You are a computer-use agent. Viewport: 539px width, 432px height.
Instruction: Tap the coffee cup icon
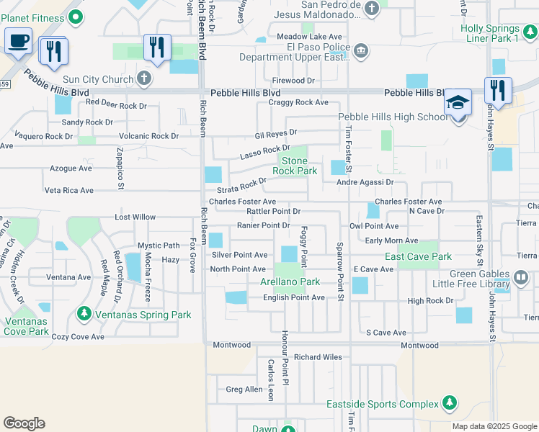[18, 41]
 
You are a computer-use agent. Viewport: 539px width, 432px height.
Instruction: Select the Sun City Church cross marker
[144, 78]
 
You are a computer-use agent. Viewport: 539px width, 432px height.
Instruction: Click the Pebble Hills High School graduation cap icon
[458, 102]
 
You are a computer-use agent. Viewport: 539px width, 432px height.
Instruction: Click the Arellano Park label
[290, 282]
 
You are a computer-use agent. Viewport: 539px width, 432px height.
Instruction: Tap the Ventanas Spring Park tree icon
[85, 314]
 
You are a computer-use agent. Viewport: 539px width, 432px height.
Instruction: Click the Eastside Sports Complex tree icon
[450, 403]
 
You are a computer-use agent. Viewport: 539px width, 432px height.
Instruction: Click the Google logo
[24, 423]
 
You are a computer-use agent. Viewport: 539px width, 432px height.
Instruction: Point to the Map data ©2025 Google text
[494, 426]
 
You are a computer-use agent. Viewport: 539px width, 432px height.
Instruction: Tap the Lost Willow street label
[135, 217]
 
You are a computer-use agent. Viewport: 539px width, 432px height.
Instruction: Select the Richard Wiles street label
[317, 356]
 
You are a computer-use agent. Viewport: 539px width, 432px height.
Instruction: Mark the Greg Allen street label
[244, 390]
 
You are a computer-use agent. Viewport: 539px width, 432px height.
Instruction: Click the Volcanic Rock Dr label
[148, 135]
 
